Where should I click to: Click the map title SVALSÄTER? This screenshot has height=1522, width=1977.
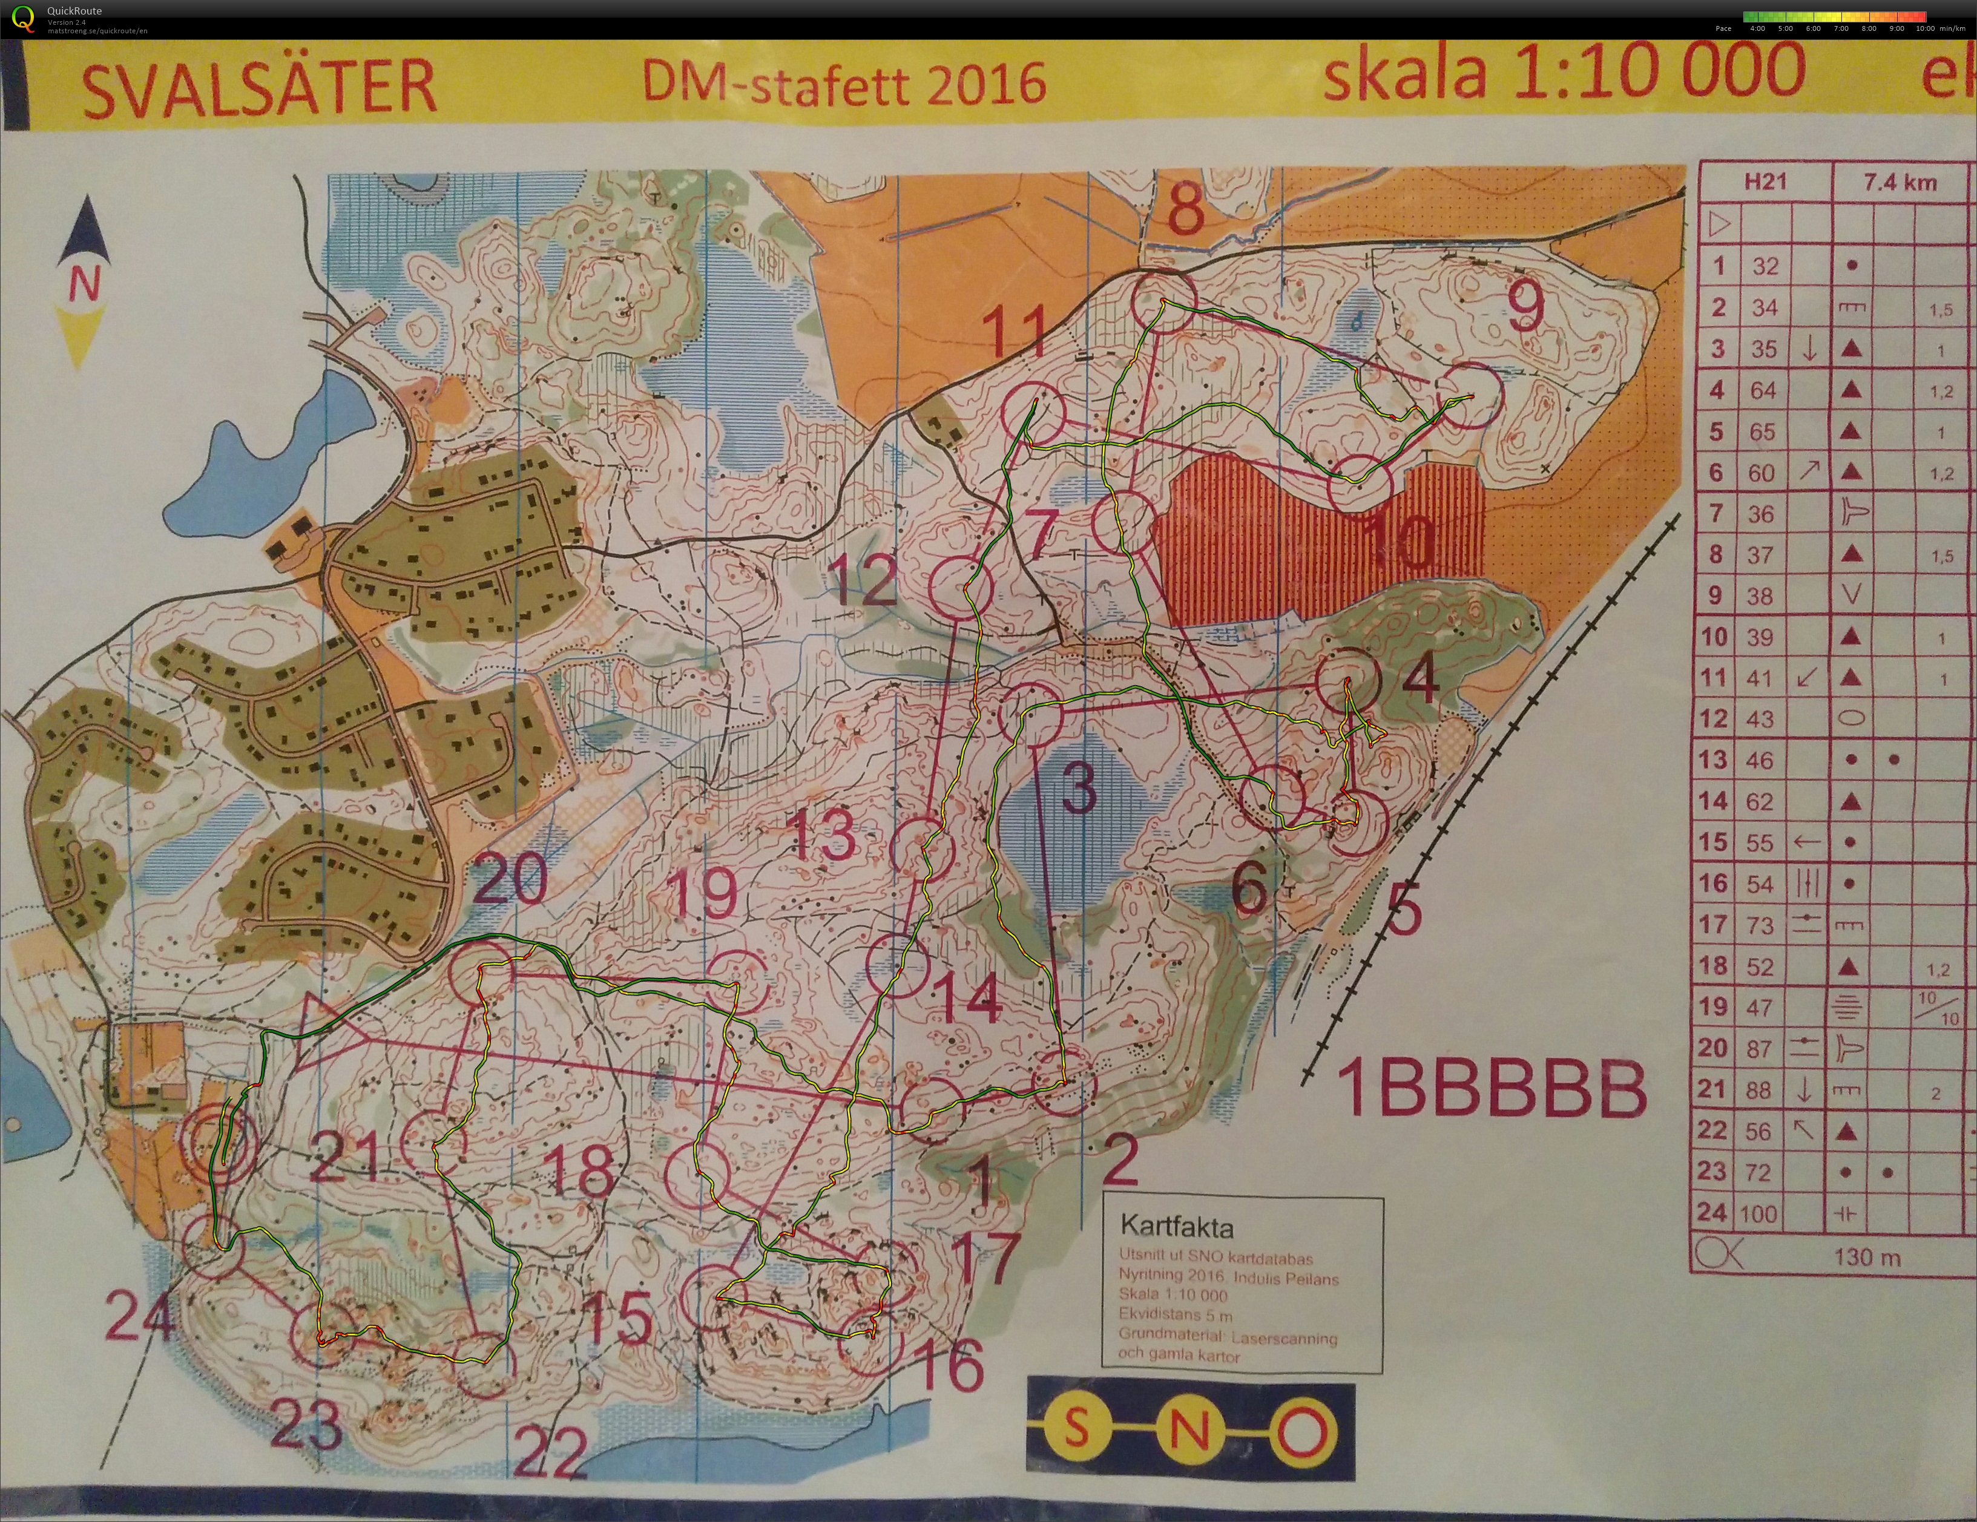tap(259, 88)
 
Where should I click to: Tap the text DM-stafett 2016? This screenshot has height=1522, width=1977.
tap(844, 84)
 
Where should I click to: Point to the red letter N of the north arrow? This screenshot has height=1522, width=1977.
tap(84, 286)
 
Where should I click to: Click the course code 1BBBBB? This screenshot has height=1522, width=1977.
tap(1491, 1089)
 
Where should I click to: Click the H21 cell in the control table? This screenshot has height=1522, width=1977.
tap(1765, 183)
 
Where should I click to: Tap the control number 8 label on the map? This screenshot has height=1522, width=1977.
tap(1186, 208)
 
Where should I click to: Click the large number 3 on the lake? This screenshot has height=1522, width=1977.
tap(1078, 787)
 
